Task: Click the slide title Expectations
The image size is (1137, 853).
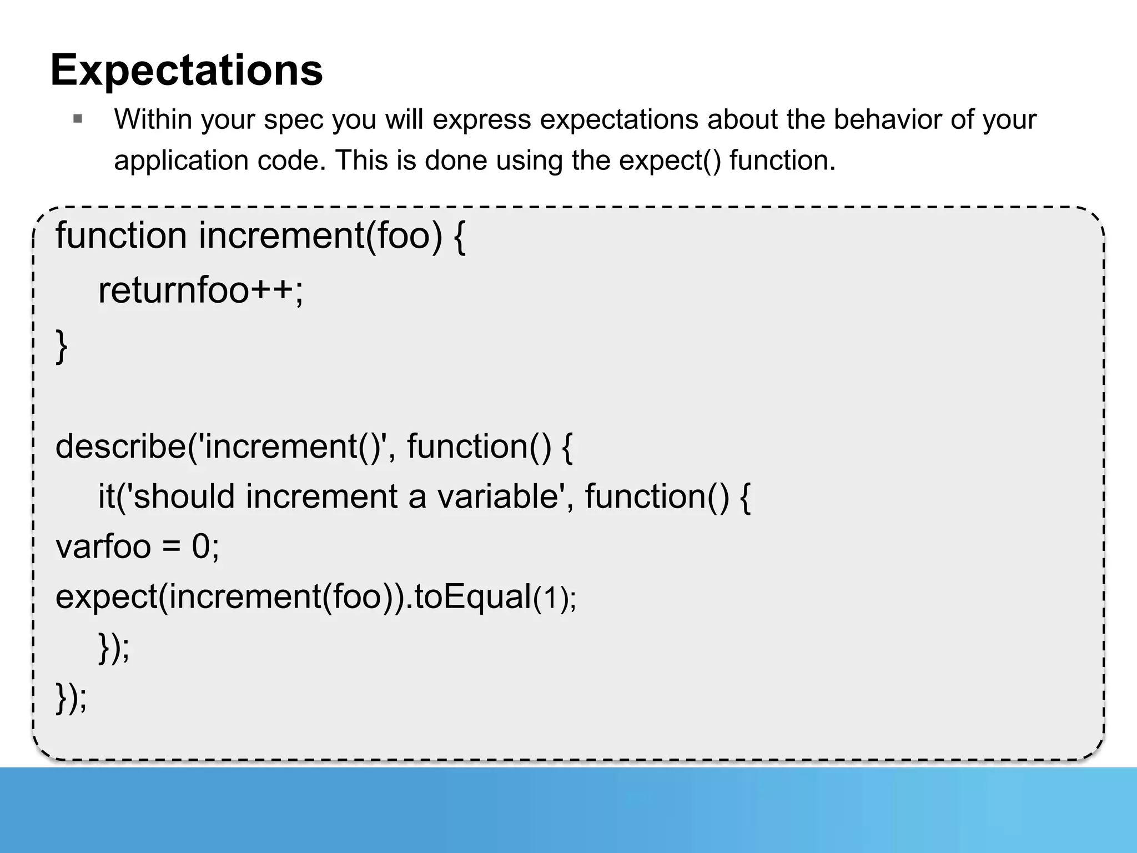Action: [x=187, y=71]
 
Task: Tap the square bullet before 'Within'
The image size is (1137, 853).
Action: [x=78, y=119]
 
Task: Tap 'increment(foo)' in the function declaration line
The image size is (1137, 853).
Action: [x=320, y=235]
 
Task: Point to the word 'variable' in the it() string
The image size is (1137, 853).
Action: [x=497, y=496]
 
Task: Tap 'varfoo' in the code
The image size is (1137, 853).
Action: [x=103, y=546]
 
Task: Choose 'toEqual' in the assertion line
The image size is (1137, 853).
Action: [x=473, y=597]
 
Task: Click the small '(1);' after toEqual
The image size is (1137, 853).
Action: [x=555, y=599]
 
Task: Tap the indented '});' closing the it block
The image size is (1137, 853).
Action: [x=114, y=647]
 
